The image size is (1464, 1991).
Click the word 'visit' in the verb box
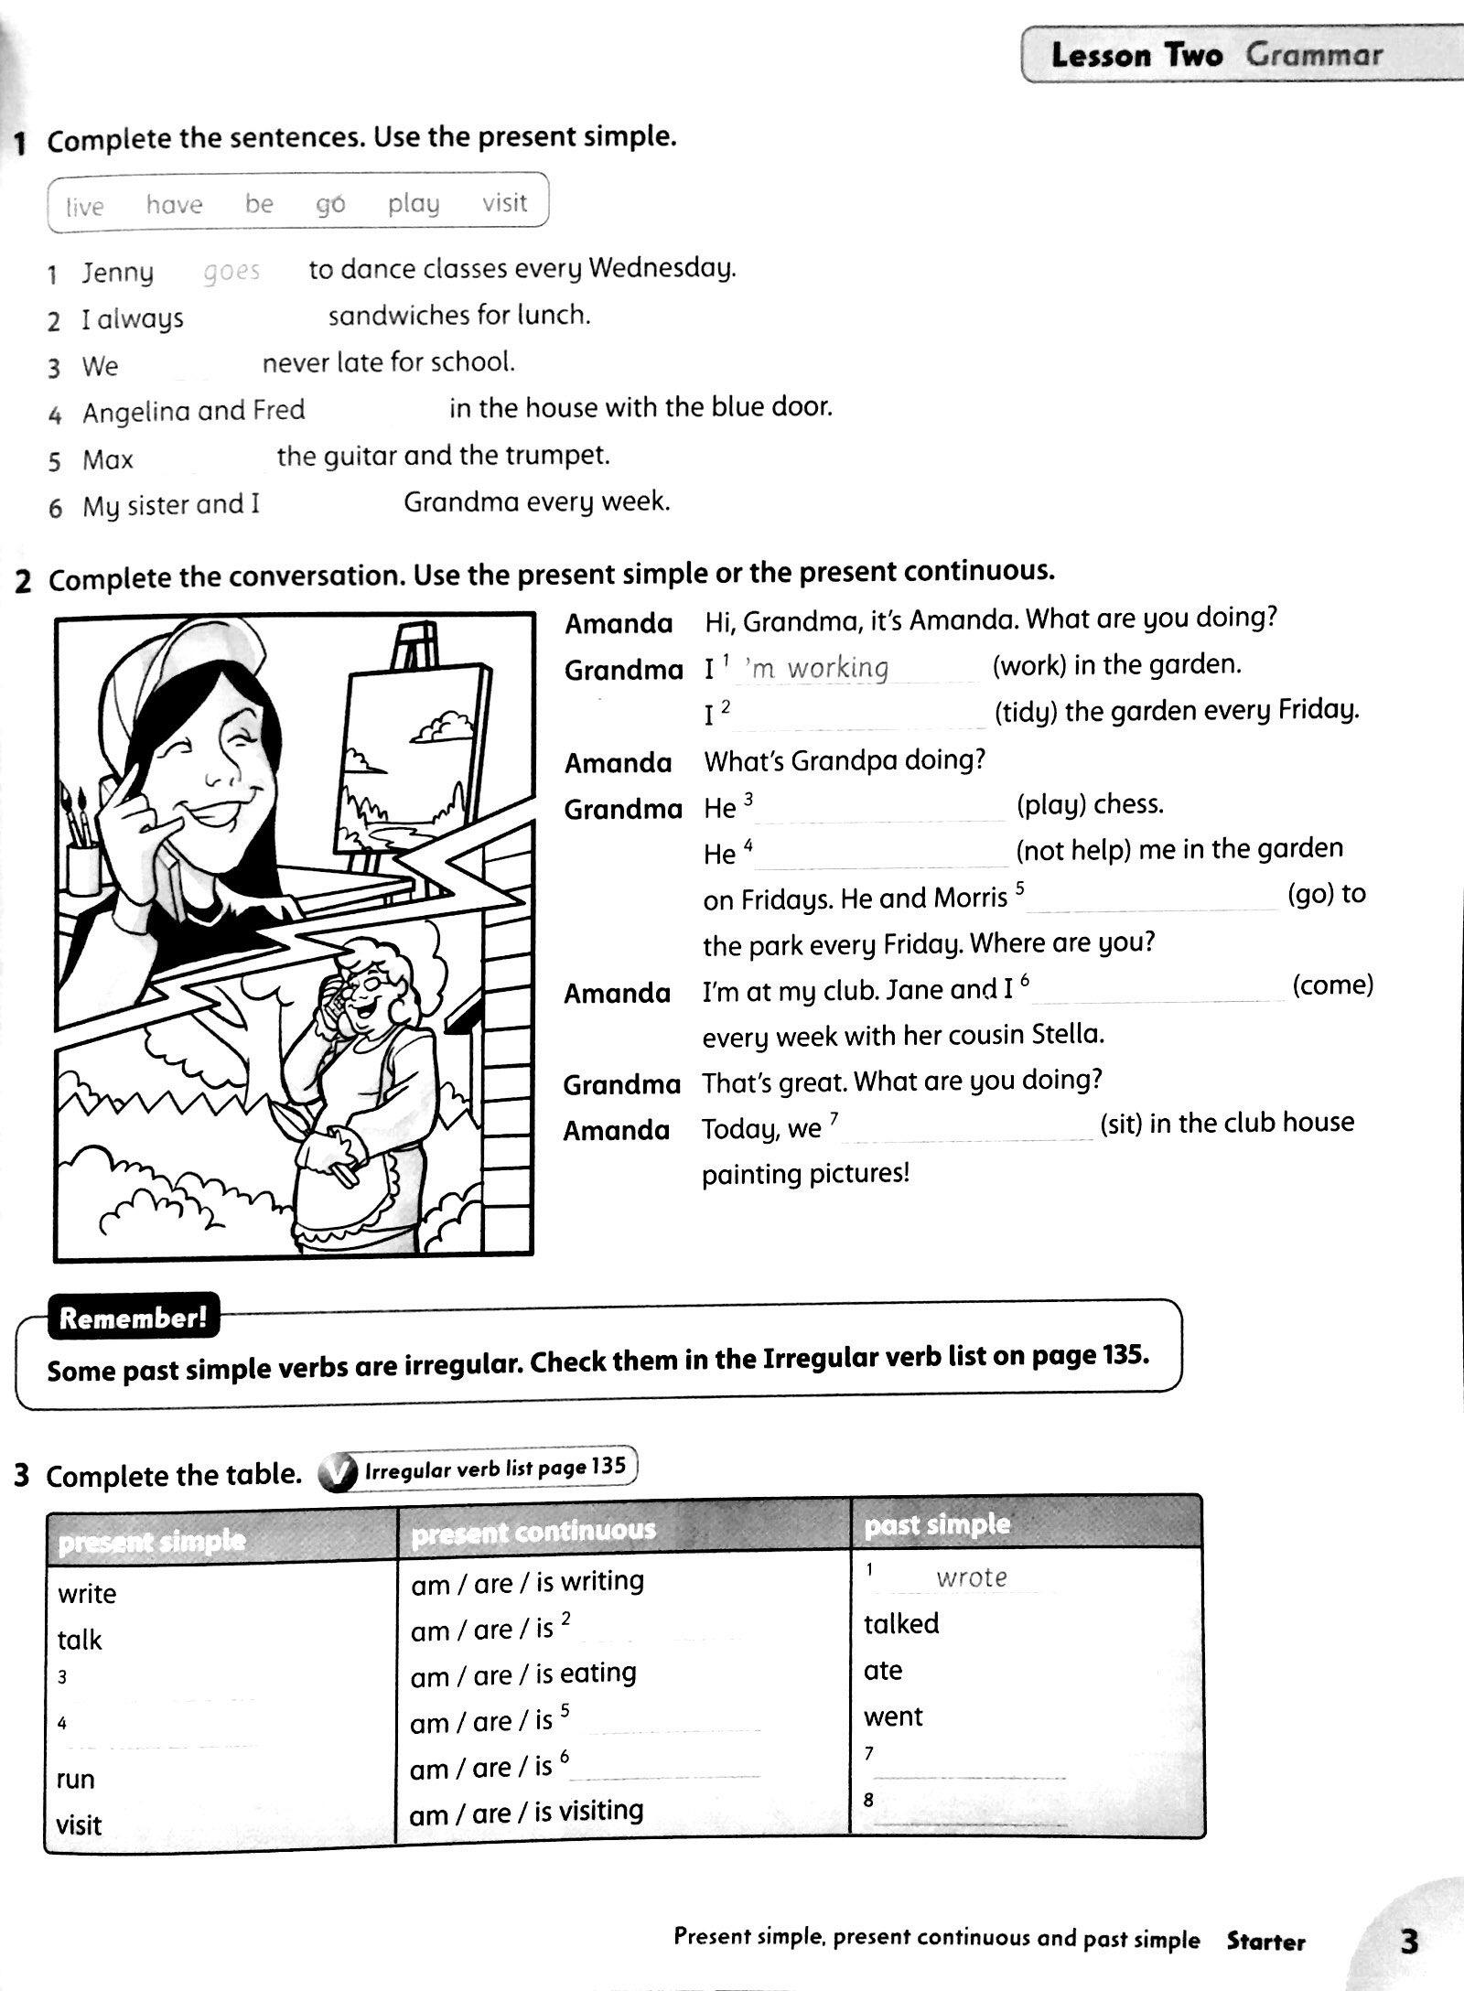[x=505, y=202]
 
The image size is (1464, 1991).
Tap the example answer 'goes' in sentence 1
[x=231, y=271]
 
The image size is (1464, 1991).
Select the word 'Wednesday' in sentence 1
[x=662, y=268]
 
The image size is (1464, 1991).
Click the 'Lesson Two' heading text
[x=1136, y=55]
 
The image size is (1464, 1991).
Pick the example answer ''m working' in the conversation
[x=817, y=667]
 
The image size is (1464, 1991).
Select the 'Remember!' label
[x=133, y=1318]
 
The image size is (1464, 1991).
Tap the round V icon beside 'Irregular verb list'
[x=336, y=1474]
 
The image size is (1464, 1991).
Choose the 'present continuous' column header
[x=533, y=1530]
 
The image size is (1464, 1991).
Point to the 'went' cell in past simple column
[x=893, y=1717]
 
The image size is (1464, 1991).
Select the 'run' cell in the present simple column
[x=76, y=1779]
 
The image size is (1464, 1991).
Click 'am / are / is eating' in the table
[x=523, y=1674]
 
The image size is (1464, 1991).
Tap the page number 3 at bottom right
[x=1408, y=1941]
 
